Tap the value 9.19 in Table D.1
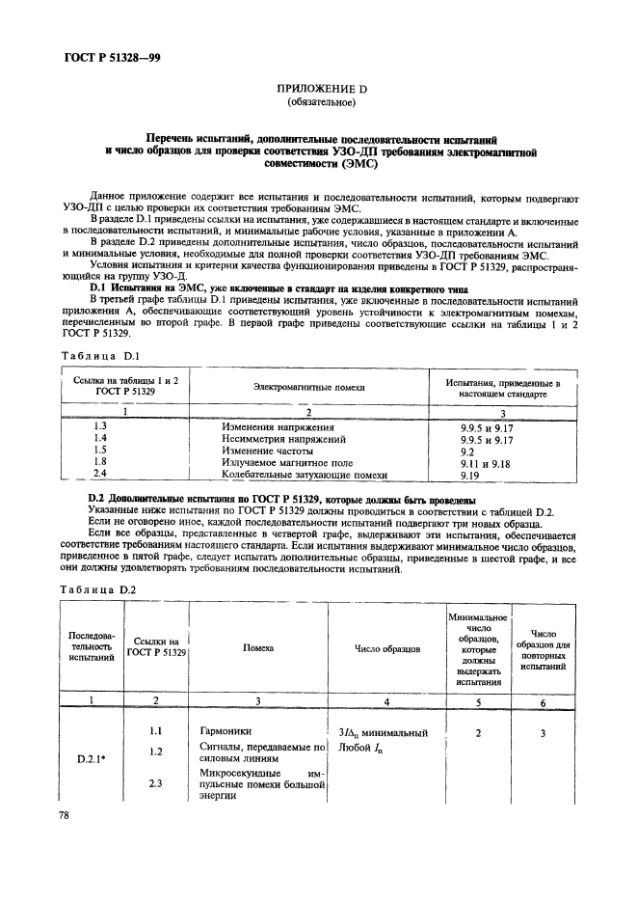pyautogui.click(x=470, y=476)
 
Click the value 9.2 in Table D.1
pyautogui.click(x=467, y=451)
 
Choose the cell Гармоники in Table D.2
pyautogui.click(x=226, y=732)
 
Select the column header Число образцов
pyautogui.click(x=387, y=649)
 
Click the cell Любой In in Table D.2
pyautogui.click(x=362, y=748)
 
